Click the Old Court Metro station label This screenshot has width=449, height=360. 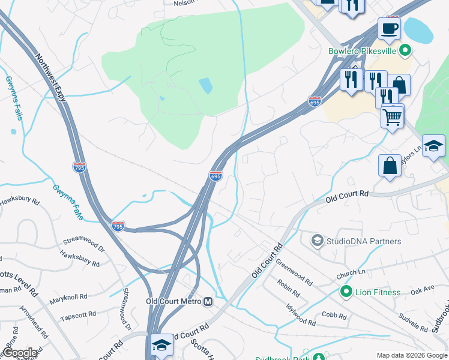173,301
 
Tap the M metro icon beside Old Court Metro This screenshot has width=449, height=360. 208,301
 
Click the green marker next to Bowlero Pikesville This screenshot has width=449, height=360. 406,51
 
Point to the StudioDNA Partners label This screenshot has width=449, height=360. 363,241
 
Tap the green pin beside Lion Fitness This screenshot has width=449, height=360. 346,292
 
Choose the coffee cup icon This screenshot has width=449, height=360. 389,28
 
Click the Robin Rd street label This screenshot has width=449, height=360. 289,288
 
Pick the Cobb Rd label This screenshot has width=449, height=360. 334,316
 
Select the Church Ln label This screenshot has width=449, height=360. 351,272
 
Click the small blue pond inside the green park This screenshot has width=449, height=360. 205,86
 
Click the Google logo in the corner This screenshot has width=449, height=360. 20,353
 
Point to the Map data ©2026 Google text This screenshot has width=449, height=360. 411,355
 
